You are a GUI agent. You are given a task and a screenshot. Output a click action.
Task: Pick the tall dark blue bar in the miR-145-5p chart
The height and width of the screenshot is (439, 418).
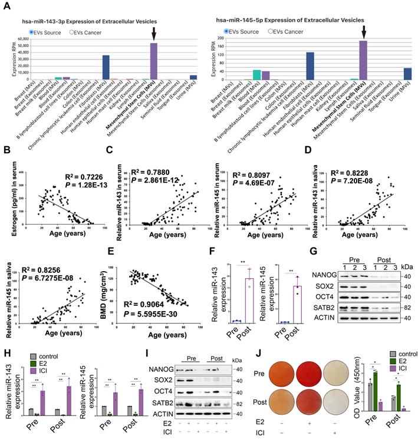click(x=310, y=65)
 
